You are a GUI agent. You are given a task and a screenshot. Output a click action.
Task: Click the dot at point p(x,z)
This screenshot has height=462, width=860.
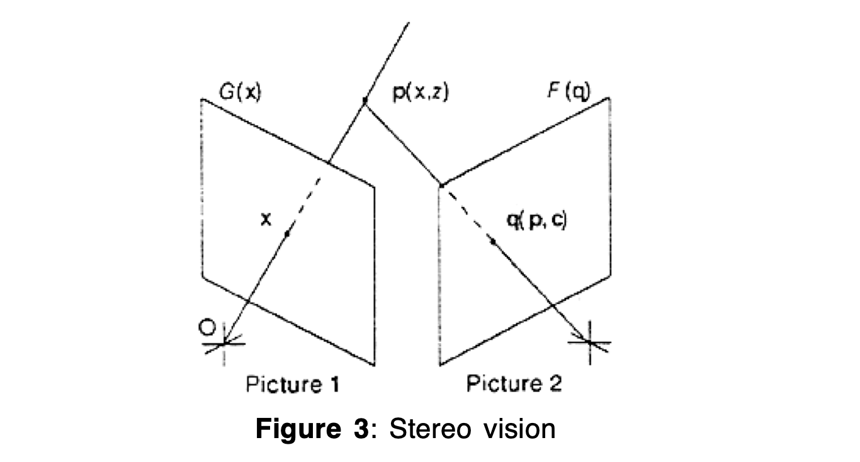point(365,100)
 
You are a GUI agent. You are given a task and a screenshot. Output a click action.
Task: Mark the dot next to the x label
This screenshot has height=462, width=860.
point(287,234)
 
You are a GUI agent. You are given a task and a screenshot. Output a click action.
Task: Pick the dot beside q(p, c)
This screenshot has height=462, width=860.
point(493,241)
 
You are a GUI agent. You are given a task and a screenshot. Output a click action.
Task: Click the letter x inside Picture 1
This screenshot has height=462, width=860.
point(266,218)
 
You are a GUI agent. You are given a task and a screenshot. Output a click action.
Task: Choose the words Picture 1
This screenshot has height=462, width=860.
point(292,384)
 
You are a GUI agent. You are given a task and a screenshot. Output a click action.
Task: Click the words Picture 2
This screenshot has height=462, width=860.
point(513,383)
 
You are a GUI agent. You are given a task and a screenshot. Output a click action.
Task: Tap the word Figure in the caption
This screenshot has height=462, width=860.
point(296,430)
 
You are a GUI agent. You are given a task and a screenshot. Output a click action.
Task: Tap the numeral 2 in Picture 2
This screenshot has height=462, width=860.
point(554,383)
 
